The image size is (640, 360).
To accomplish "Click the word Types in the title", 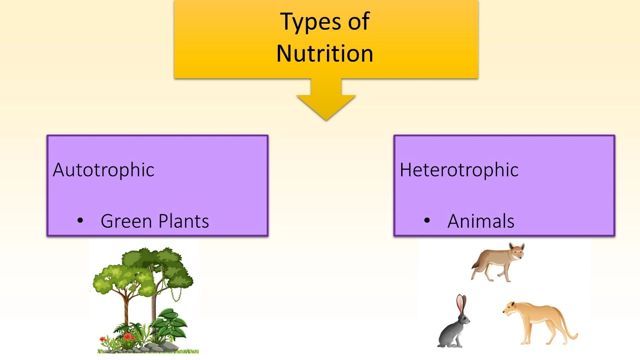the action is [311, 22].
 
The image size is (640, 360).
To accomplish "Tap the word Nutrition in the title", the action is [325, 53].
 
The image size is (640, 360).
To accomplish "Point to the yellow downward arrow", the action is [326, 99].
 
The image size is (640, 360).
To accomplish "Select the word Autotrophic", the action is [103, 170].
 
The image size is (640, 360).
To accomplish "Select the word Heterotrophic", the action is [459, 170].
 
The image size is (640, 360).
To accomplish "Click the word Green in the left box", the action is [126, 221].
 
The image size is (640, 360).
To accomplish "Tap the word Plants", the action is [184, 221].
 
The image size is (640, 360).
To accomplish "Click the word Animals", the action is [481, 221].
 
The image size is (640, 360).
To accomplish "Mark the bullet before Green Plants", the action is [80, 220].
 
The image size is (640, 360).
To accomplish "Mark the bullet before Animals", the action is [427, 220].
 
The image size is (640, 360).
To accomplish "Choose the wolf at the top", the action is [498, 262].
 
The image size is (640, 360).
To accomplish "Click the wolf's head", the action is [517, 251].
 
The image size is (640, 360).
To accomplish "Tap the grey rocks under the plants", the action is [160, 347].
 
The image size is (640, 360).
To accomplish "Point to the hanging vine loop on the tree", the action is [177, 294].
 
